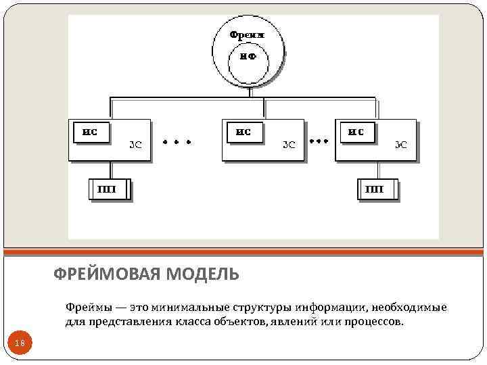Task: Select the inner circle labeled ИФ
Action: coord(248,57)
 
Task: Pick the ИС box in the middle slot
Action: coord(243,132)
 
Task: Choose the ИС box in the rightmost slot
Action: coord(356,132)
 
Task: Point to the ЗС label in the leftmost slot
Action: coord(135,144)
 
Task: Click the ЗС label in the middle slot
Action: coord(289,144)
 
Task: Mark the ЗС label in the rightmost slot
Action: coord(401,144)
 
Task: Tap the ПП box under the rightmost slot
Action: coord(376,189)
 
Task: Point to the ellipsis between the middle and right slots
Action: coord(319,141)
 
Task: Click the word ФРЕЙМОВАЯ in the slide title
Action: coord(106,274)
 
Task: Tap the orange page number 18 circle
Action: coord(20,344)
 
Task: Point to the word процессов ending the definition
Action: coord(373,322)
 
